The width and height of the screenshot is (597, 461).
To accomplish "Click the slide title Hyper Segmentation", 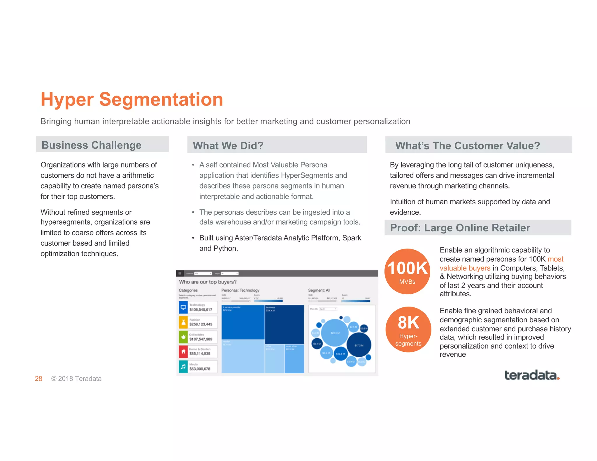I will point(132,100).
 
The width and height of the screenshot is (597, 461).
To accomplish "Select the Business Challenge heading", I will point(92,145).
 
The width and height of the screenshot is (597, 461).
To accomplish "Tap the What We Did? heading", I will point(228,145).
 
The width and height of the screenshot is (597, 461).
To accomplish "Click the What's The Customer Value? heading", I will point(467,145).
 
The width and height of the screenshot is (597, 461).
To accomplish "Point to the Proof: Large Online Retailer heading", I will point(460,228).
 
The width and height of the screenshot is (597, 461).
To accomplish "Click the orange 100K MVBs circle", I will point(407,271).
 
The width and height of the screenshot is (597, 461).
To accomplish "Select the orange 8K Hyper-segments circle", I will point(408,330).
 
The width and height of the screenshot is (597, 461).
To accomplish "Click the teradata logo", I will point(532,375).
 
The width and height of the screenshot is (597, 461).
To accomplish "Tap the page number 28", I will point(38,379).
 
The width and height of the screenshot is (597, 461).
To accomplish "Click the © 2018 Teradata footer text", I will point(76,379).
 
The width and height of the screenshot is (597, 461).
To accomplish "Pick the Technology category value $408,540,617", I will point(201,309).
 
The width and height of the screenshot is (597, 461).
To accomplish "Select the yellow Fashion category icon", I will point(183,322).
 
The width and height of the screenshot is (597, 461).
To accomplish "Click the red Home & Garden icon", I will point(183,352).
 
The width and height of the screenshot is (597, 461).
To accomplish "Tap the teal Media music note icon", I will point(183,367).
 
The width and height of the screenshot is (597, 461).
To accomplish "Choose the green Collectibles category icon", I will point(183,337).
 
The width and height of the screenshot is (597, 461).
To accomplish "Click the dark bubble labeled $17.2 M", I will point(359,345).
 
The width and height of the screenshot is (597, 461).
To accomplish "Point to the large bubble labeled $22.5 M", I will point(335,333).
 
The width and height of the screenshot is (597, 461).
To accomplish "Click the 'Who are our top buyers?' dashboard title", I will point(208,282).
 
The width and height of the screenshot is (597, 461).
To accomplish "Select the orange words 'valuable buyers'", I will point(465,268).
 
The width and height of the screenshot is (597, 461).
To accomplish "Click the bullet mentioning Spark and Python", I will point(280,243).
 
